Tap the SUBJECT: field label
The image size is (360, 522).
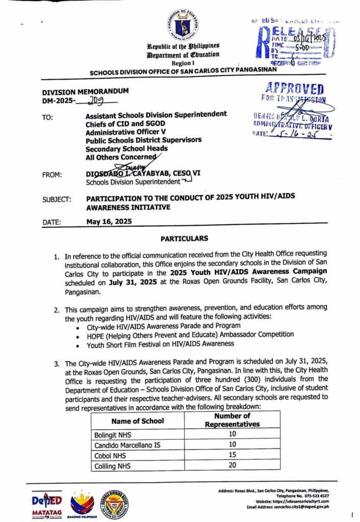57,199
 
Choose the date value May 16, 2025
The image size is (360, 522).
109,221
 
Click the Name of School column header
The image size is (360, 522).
137,421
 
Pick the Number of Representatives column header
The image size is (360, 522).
232,420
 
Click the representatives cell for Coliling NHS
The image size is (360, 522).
232,466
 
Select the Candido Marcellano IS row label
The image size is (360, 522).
127,445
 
